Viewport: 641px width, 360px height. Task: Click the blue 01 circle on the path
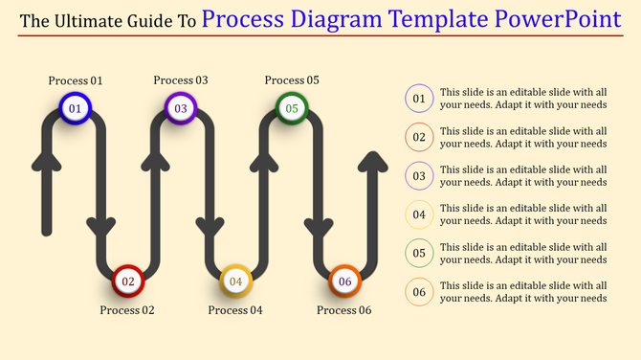tap(74, 109)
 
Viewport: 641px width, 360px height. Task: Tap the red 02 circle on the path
tap(128, 281)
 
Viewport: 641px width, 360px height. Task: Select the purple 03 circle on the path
tap(181, 109)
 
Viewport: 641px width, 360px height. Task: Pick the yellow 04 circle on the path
tap(235, 281)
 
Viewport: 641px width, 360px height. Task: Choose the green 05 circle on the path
tap(292, 109)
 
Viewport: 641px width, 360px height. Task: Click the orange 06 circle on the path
tap(345, 281)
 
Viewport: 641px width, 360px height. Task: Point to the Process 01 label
tap(76, 81)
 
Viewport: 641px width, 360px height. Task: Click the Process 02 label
tap(127, 310)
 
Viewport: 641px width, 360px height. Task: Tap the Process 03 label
tap(181, 81)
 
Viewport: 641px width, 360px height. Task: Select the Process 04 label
tap(235, 310)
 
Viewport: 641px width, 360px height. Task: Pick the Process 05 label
tap(292, 81)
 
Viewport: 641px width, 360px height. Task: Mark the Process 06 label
tap(344, 310)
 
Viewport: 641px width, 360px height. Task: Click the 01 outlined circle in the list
tap(419, 98)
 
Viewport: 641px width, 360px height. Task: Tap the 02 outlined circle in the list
tap(419, 137)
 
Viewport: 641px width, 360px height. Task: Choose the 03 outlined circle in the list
tap(419, 176)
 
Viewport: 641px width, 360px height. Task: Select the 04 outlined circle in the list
tap(419, 214)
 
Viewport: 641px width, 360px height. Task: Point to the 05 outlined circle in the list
tap(419, 253)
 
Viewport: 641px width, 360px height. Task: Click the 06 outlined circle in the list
tap(419, 292)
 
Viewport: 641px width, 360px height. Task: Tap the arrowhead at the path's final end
tap(374, 160)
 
